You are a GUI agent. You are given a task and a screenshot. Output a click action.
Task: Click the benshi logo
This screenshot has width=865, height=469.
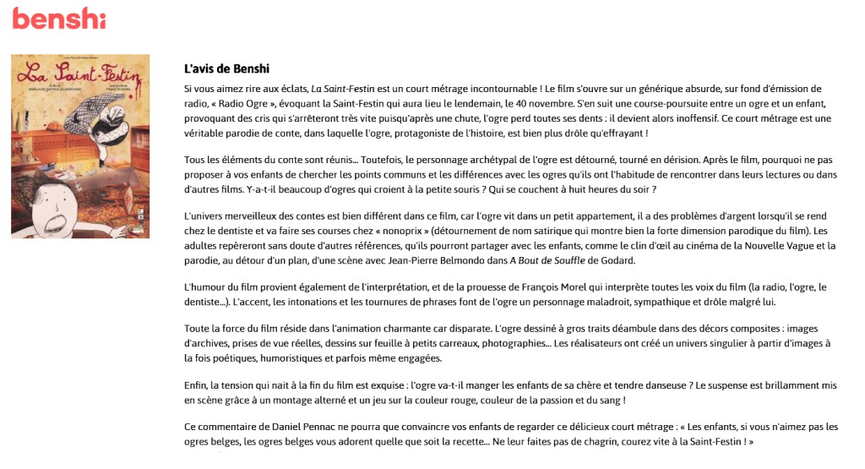tap(58, 18)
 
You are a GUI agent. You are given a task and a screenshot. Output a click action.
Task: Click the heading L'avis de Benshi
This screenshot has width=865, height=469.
tap(226, 68)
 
